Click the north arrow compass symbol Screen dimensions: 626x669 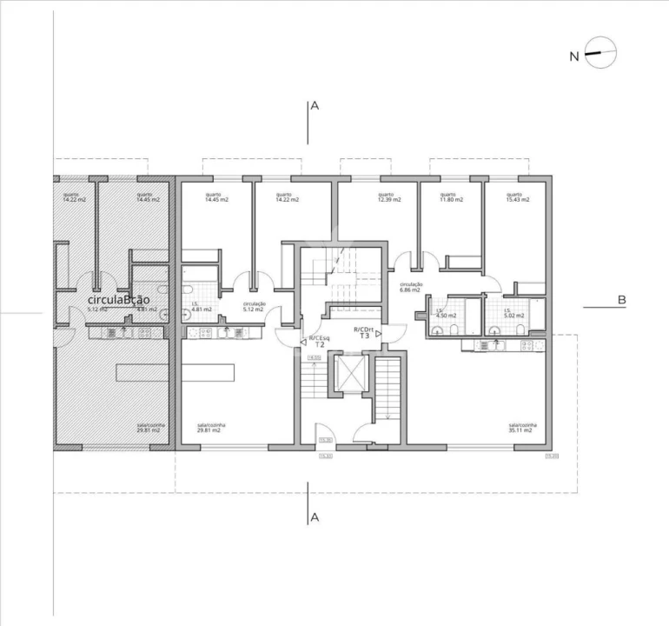(x=600, y=53)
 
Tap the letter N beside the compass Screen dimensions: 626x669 (x=573, y=57)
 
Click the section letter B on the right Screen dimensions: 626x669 (x=621, y=300)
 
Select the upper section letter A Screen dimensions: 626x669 (x=315, y=106)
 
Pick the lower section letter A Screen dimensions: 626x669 (x=315, y=518)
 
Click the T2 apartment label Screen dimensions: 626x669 (x=319, y=344)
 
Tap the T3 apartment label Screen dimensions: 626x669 (x=365, y=336)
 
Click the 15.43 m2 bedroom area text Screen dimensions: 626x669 (x=514, y=198)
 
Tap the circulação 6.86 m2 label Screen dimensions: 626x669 (x=411, y=288)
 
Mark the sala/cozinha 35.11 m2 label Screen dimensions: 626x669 (x=522, y=429)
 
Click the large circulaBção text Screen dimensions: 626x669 (x=119, y=300)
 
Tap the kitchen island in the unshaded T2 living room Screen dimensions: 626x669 (x=208, y=372)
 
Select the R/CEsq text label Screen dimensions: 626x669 (x=319, y=336)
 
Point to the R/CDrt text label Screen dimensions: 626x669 (x=365, y=329)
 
